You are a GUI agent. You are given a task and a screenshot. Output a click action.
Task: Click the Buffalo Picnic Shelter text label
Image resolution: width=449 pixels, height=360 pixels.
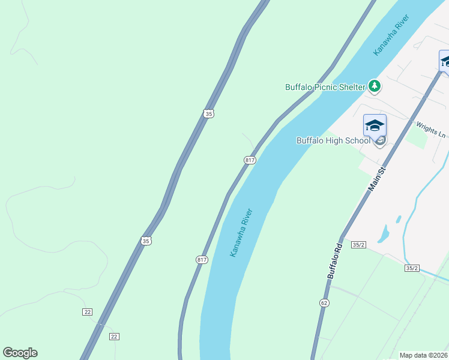pos(325,87)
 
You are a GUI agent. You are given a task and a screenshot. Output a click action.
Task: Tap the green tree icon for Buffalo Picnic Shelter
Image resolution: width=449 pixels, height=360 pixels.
pos(375,86)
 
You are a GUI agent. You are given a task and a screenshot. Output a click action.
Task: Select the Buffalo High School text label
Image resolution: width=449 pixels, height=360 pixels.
pos(333,140)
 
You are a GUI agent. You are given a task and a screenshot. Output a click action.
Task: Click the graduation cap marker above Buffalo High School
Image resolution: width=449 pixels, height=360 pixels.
pos(375,126)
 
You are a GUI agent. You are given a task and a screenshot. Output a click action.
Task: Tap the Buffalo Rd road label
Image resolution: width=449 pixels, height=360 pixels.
pos(335,260)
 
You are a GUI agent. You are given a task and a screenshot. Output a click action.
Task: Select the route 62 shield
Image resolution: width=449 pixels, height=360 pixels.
pos(324,303)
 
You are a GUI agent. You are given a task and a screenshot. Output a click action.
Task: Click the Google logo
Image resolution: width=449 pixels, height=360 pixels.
pos(20,353)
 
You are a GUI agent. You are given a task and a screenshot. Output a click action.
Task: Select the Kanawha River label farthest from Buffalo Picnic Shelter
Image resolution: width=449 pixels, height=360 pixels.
pos(241,233)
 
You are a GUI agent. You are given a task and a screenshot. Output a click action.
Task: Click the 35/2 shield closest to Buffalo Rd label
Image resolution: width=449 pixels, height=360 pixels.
pos(359,245)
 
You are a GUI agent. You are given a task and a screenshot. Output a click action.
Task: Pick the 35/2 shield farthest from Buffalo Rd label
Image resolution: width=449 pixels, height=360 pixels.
pos(411,268)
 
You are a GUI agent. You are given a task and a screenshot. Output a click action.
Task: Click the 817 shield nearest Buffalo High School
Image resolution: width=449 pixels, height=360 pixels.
pos(250,160)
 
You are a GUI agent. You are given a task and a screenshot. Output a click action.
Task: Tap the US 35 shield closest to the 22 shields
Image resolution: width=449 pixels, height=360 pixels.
pos(146,241)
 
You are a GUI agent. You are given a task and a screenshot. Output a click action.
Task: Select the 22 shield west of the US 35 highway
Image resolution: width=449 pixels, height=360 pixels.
pos(88,311)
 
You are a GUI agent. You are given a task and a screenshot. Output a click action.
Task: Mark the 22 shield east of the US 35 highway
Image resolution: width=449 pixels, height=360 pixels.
pos(113,336)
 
